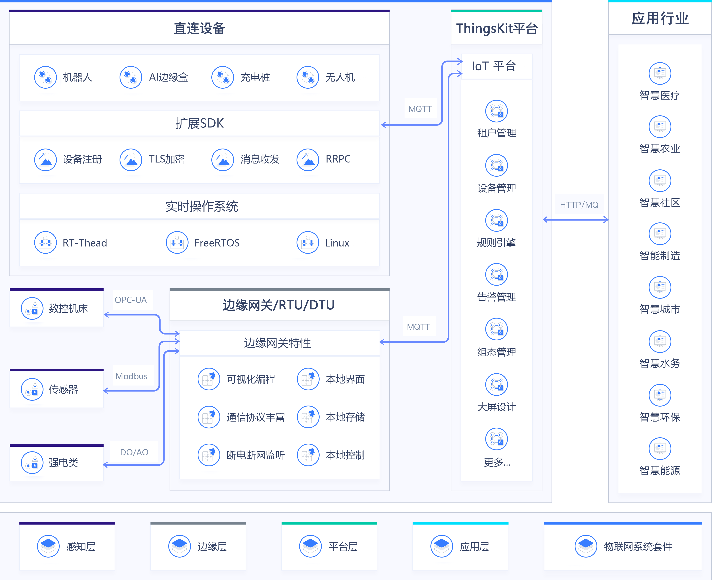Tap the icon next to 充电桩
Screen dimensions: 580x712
pyautogui.click(x=222, y=77)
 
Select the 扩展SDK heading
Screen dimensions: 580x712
pyautogui.click(x=199, y=123)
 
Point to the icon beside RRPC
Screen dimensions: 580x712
pyautogui.click(x=308, y=159)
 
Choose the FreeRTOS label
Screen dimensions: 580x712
pyautogui.click(x=217, y=243)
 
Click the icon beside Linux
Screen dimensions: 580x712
pyautogui.click(x=308, y=243)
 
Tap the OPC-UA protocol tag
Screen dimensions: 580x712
pyautogui.click(x=131, y=300)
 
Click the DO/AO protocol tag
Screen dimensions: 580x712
pyautogui.click(x=134, y=452)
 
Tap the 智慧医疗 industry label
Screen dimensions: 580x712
pyautogui.click(x=660, y=96)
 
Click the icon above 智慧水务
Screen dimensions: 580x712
pyautogui.click(x=660, y=341)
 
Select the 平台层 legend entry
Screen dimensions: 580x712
pyautogui.click(x=343, y=547)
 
